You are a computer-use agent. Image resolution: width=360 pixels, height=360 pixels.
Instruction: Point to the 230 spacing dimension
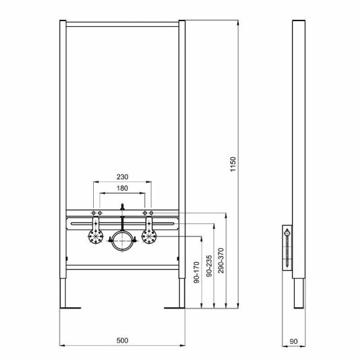coord(122,176)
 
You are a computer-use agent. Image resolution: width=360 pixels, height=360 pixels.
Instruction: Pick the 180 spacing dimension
coord(122,188)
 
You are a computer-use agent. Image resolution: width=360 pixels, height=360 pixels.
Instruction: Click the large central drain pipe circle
coord(122,241)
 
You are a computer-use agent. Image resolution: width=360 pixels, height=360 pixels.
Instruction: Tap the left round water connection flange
coord(96,236)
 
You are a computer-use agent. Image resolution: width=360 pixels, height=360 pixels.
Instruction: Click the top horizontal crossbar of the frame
coord(122,24)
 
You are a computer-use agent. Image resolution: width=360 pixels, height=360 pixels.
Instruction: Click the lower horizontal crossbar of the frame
coord(122,268)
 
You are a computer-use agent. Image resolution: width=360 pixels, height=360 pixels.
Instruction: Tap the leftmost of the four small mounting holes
coord(94,214)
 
